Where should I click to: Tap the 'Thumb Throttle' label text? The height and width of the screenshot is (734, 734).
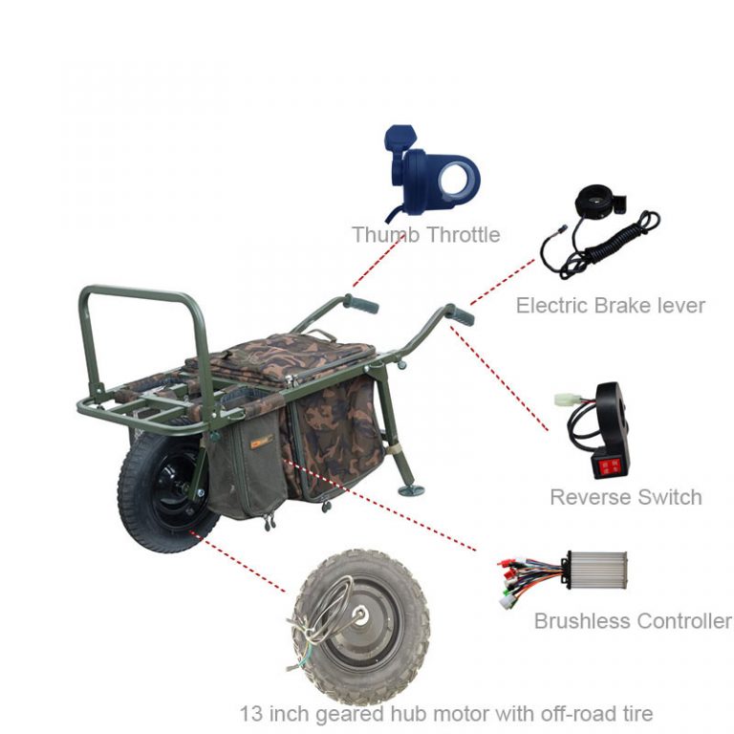click(x=425, y=235)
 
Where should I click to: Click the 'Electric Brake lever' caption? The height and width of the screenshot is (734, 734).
click(x=610, y=306)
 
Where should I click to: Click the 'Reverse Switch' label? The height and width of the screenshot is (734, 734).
click(x=625, y=497)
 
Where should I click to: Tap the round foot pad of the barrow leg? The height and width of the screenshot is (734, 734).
click(x=412, y=490)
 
